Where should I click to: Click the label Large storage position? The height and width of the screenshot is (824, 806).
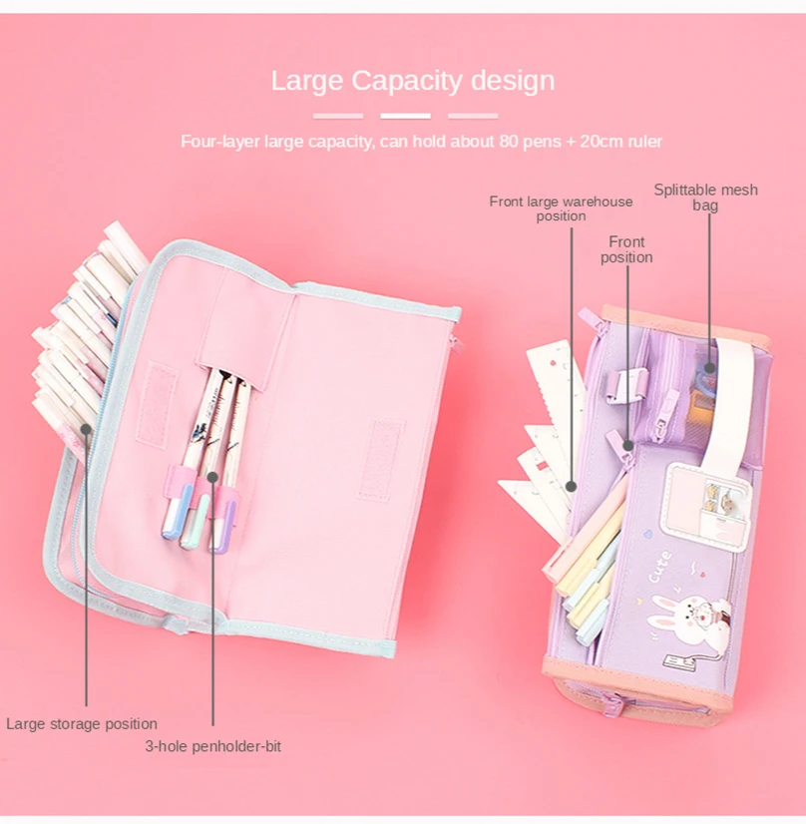[x=82, y=724]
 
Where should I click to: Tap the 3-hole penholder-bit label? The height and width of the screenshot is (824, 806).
[x=212, y=746]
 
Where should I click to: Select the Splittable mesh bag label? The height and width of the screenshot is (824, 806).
[x=705, y=198]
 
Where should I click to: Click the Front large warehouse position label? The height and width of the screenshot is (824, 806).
[x=561, y=208]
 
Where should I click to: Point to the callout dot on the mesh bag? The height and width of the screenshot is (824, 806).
[x=709, y=367]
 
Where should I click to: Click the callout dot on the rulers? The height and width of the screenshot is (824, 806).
[x=572, y=487]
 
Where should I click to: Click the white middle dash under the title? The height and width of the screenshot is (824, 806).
[x=405, y=116]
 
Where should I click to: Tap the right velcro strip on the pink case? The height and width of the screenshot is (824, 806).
[x=385, y=457]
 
